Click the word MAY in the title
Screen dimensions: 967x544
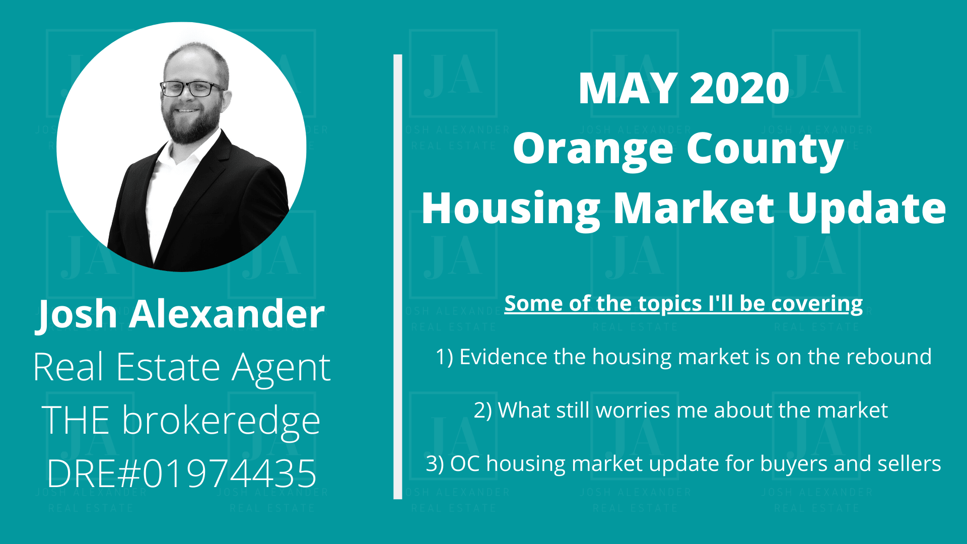[x=628, y=89]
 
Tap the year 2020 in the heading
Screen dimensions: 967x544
[x=739, y=89]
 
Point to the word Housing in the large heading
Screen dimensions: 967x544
[x=511, y=210]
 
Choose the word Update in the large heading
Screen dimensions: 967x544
[x=867, y=210]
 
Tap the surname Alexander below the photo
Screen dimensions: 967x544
[x=227, y=314]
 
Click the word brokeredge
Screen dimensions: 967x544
[x=221, y=421]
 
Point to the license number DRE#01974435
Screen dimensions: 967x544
[x=181, y=473]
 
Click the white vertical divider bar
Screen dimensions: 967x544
[x=398, y=277]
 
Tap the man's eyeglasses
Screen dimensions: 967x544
[x=191, y=89]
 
